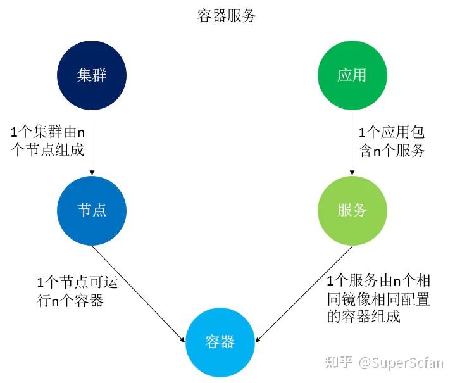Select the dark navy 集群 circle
tap(92, 75)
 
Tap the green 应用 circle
tap(352, 75)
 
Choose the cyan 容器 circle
tap(220, 342)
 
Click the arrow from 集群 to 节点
tap(92, 142)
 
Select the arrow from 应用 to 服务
tap(352, 142)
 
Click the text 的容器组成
tap(364, 317)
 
